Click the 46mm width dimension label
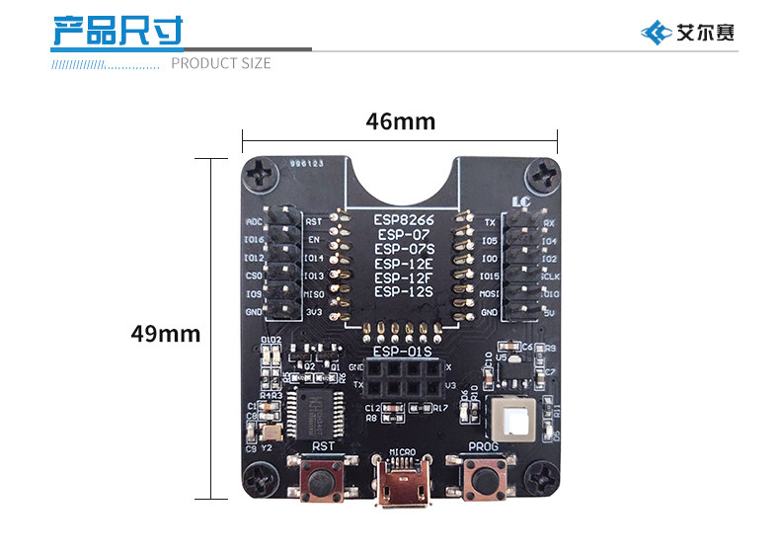pyautogui.click(x=400, y=121)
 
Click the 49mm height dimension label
pyautogui.click(x=166, y=334)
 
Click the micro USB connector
pyautogui.click(x=402, y=488)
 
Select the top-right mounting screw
pyautogui.click(x=543, y=177)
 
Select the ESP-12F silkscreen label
pyautogui.click(x=403, y=277)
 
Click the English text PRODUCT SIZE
pyautogui.click(x=221, y=64)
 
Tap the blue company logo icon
pyautogui.click(x=656, y=33)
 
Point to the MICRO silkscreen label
pyautogui.click(x=402, y=452)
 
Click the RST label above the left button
pyautogui.click(x=323, y=446)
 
